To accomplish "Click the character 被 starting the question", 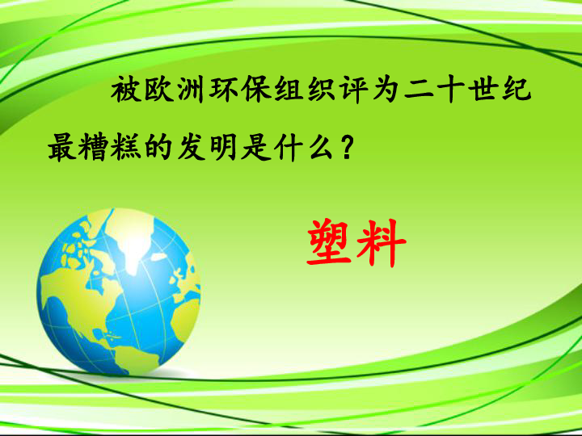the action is [126, 89].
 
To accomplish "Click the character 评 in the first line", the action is [355, 89].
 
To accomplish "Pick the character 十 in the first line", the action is [451, 89].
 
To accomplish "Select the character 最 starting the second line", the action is [62, 147].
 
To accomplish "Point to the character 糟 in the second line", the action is [95, 147].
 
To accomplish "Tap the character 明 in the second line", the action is [223, 147].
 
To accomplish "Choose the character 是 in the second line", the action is [255, 147].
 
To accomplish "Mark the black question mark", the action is [346, 147].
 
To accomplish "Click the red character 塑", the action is [329, 243].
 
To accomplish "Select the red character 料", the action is [382, 243].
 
